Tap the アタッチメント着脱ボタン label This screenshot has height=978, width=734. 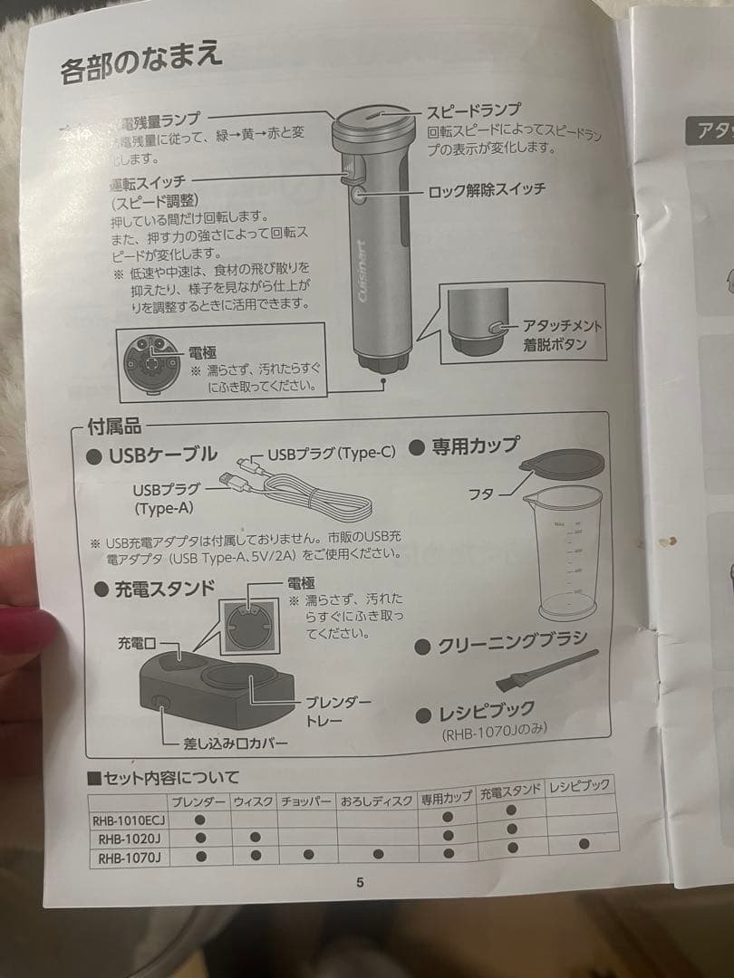[x=562, y=335]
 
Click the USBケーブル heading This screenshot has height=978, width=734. [x=162, y=455]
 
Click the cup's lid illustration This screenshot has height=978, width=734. [x=562, y=463]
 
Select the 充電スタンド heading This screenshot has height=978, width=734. [x=163, y=589]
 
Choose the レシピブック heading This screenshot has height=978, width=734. [x=486, y=711]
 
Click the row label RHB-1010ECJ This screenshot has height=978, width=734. [x=126, y=821]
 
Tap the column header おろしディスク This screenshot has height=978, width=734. [x=377, y=801]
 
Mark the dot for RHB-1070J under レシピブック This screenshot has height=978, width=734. [x=584, y=843]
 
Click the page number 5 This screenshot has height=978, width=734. [x=360, y=883]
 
